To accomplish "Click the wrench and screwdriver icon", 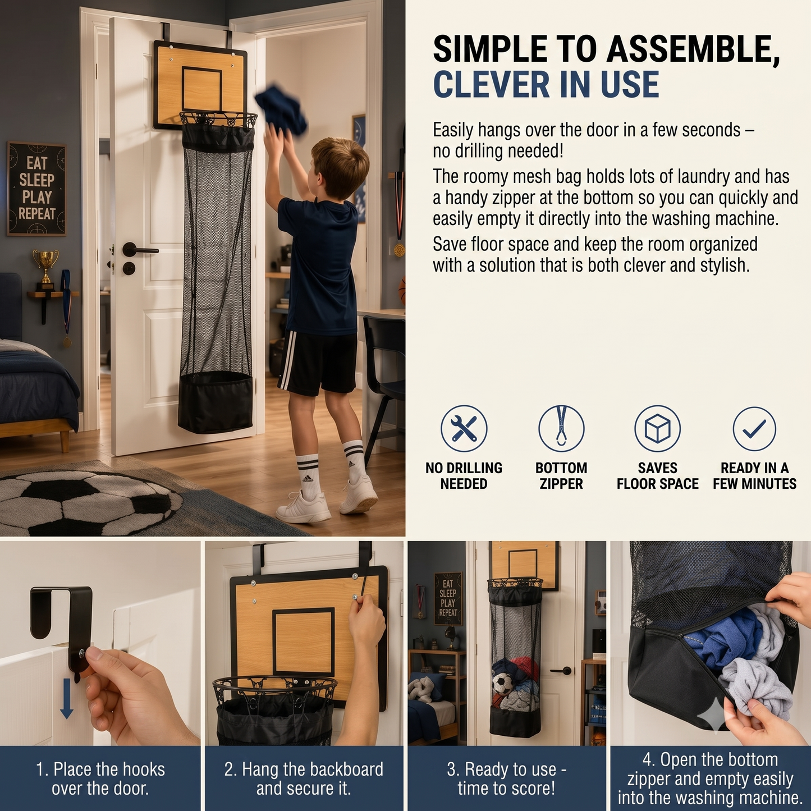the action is point(464,428).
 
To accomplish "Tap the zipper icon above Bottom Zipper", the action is point(561,428).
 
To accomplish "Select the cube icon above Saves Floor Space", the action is point(657,428).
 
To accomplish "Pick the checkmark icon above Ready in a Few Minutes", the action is point(754,428).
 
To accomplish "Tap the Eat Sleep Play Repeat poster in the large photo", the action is point(36,189).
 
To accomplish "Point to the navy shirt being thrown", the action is point(281,109).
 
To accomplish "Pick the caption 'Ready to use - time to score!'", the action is point(506,778).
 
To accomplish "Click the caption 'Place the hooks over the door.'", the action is point(100,778).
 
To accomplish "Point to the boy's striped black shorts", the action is point(317,363).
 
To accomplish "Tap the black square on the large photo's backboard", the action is point(202,89).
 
